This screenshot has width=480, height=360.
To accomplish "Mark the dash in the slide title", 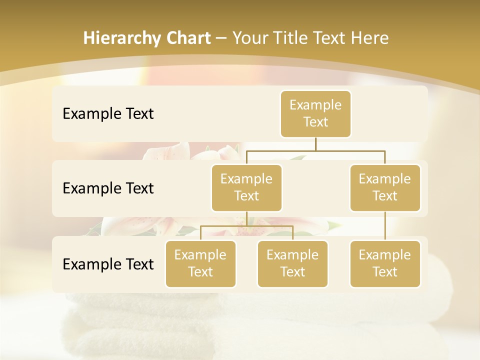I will tap(221, 38).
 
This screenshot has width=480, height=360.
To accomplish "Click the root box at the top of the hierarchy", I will tap(315, 113).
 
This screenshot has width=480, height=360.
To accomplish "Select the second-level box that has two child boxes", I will tap(246, 187).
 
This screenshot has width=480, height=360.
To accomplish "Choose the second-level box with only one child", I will tap(385, 187).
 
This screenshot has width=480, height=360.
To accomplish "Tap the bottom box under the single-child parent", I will tap(385, 263).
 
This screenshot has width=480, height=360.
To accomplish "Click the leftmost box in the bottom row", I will tap(200, 263).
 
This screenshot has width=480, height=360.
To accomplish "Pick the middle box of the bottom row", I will tap(292, 263).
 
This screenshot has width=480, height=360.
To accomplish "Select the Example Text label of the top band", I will tap(108, 113).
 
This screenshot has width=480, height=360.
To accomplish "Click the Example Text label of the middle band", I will tap(108, 188).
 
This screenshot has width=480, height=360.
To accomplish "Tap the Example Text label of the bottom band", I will tap(108, 264).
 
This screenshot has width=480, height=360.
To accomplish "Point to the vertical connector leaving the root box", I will tap(315, 144).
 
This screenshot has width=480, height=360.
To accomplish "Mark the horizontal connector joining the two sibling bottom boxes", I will tap(246, 226).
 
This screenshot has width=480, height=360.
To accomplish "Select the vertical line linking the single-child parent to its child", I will tap(385, 226).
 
